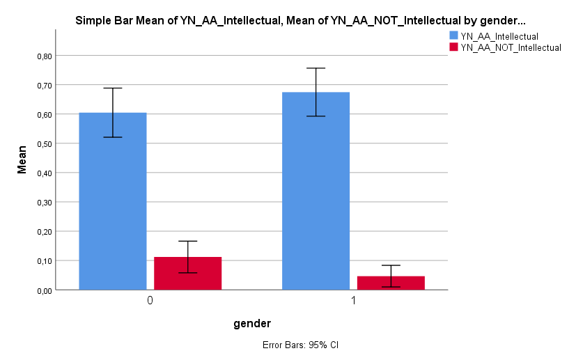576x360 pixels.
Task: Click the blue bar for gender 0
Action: click(x=113, y=209)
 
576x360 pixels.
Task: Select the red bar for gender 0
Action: click(x=187, y=274)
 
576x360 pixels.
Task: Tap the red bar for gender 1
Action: click(x=391, y=283)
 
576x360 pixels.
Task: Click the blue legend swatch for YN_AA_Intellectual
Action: click(x=453, y=36)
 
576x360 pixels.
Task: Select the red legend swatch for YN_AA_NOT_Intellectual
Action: click(x=453, y=47)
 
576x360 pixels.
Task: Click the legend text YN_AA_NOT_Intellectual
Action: click(x=511, y=47)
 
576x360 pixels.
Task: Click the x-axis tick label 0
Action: click(x=150, y=302)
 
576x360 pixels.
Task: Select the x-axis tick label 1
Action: click(x=353, y=302)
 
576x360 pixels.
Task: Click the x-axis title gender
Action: click(x=251, y=323)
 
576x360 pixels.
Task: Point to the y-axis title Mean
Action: click(x=22, y=159)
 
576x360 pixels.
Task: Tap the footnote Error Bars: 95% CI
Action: click(x=300, y=345)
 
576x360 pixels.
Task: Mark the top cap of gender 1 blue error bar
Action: click(x=316, y=68)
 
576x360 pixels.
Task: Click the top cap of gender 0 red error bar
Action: click(x=187, y=241)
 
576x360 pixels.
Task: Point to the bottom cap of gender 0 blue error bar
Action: click(x=113, y=137)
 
